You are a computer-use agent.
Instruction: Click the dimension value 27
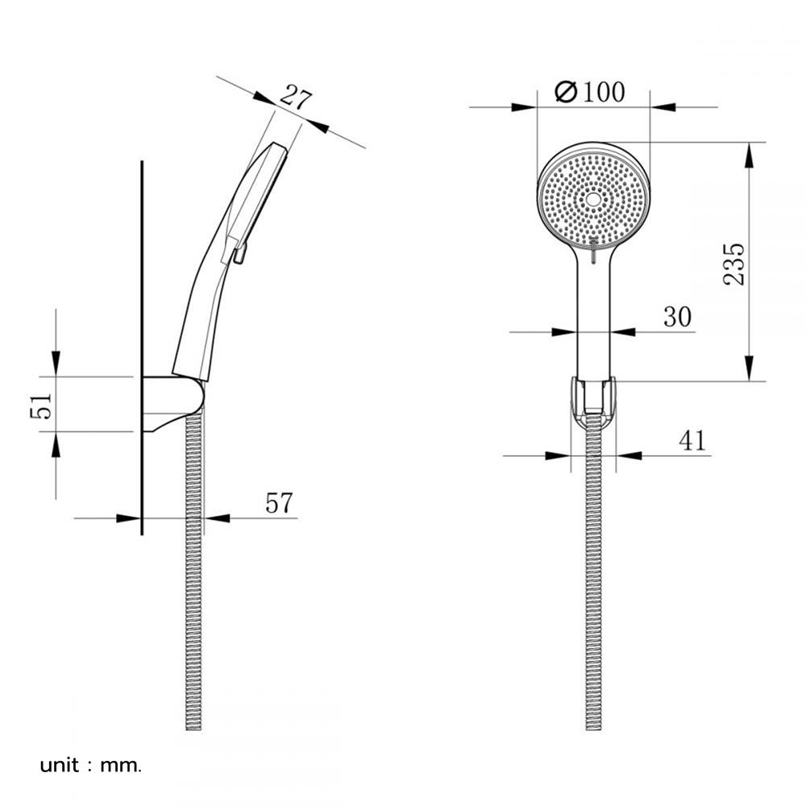297,98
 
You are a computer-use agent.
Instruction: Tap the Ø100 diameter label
590,92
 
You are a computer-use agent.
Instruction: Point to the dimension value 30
678,317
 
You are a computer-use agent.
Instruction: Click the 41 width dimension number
692,441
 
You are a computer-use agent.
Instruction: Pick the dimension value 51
41,406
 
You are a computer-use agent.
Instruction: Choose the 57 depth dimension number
279,503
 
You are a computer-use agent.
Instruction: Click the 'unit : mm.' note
90,766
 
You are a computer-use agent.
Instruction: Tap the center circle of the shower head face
593,199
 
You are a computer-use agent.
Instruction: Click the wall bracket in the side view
172,403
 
